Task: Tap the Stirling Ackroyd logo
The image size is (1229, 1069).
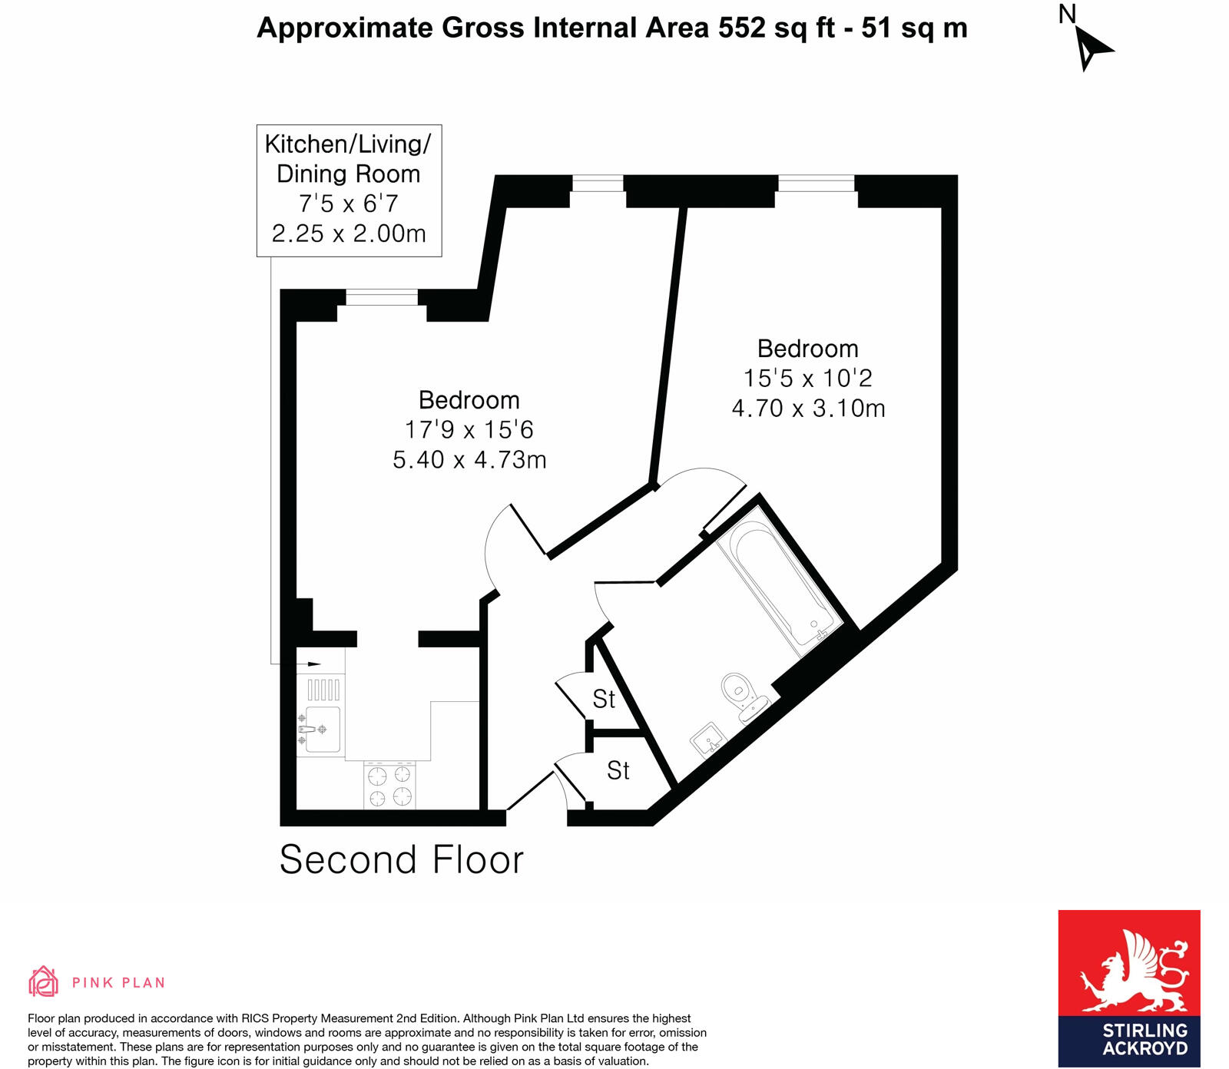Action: coord(1128,988)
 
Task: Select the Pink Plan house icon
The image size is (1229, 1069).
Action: coord(44,981)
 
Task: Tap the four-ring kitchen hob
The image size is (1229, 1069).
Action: coord(389,786)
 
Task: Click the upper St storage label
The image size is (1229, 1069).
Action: coord(604,700)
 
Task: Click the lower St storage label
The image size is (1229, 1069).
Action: coord(618,770)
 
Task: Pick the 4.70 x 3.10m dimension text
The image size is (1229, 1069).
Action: coord(808,408)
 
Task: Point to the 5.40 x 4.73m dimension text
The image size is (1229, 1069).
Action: coord(469,459)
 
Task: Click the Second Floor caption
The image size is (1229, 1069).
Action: coord(401,859)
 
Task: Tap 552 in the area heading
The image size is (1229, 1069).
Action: coord(741,28)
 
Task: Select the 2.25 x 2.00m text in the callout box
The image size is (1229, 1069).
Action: coord(349,233)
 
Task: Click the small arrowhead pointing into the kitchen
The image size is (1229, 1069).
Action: coord(313,664)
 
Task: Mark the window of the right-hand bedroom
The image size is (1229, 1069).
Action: coord(816,183)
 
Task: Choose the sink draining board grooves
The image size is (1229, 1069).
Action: coord(323,690)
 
